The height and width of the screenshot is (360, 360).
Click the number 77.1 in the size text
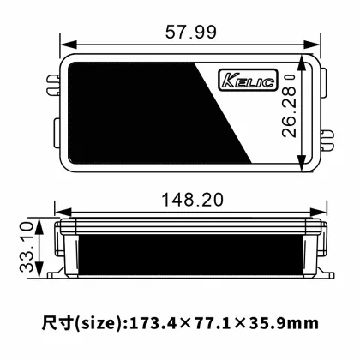210,324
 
